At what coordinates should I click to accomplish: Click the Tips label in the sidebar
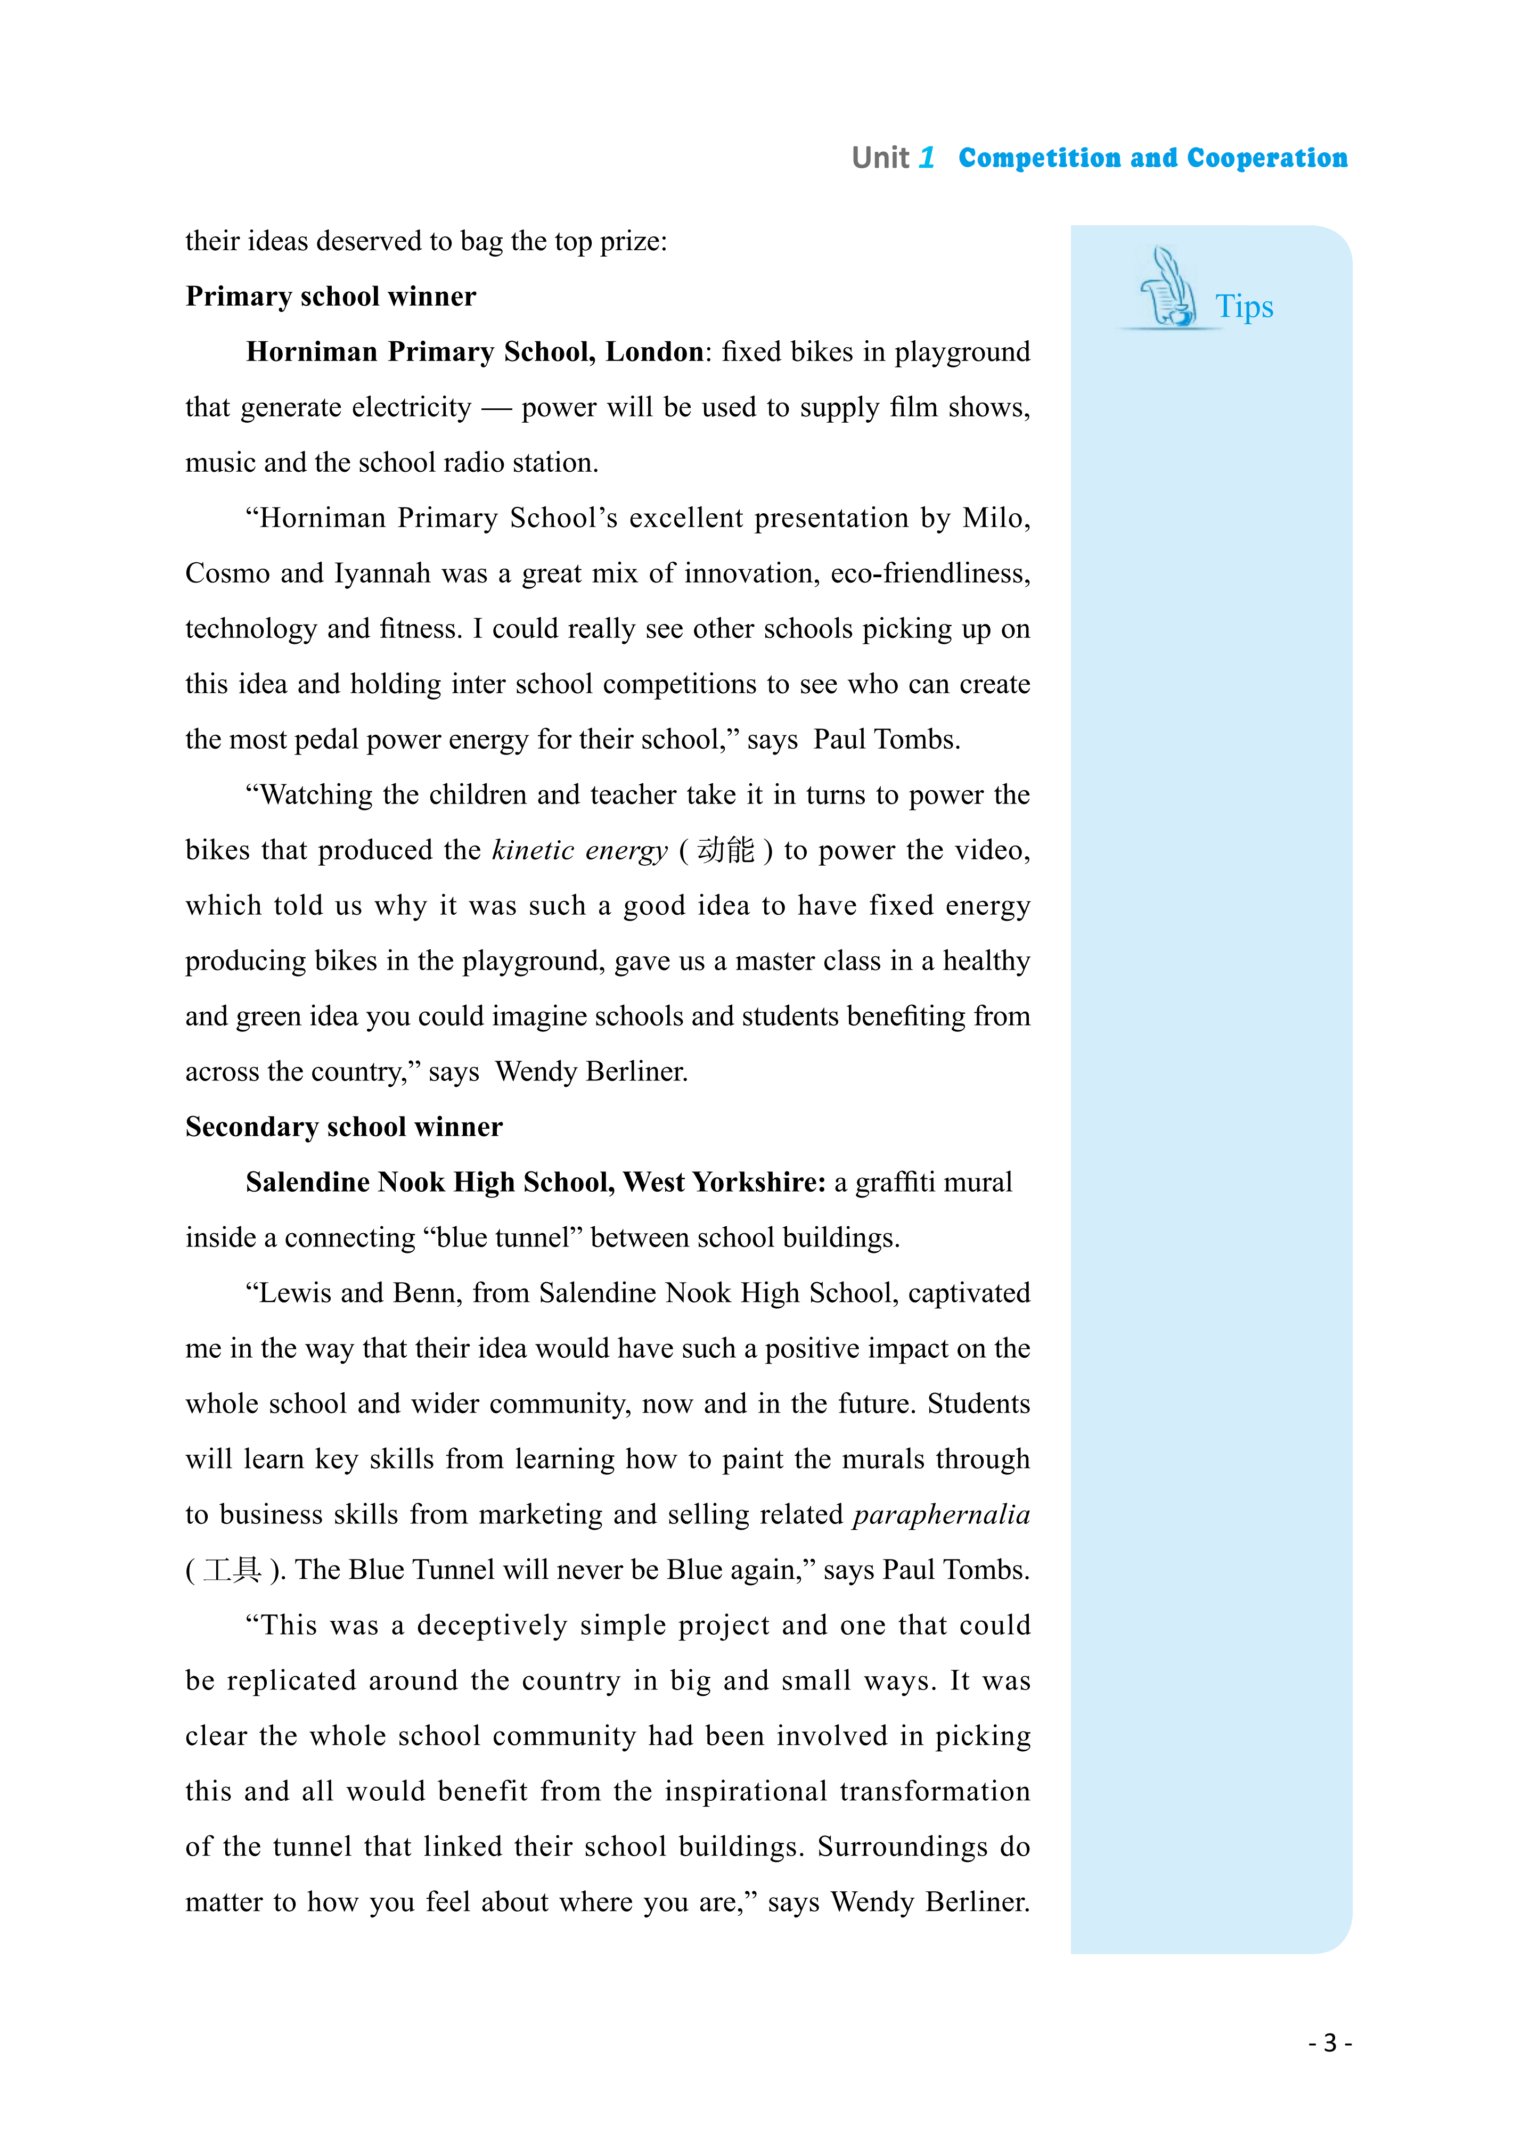[1244, 307]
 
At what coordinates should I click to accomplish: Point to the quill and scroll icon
[1167, 288]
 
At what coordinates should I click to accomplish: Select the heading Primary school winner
[331, 297]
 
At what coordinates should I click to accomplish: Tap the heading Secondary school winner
[343, 1127]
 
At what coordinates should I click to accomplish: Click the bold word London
[653, 352]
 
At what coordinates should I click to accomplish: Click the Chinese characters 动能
[726, 850]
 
